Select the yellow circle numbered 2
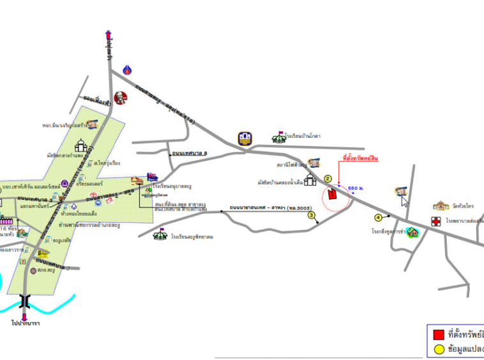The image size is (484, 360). click(328, 179)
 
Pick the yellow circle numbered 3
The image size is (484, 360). click(312, 215)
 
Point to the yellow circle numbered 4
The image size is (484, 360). click(378, 218)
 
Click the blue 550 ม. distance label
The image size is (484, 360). click(356, 189)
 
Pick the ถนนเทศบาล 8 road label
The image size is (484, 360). click(190, 153)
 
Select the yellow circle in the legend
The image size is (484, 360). click(438, 349)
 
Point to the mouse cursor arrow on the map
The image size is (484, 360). click(404, 200)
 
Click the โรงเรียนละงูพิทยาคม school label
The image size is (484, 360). click(192, 237)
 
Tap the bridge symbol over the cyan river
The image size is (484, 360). click(24, 299)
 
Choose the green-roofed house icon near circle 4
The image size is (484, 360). click(413, 232)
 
